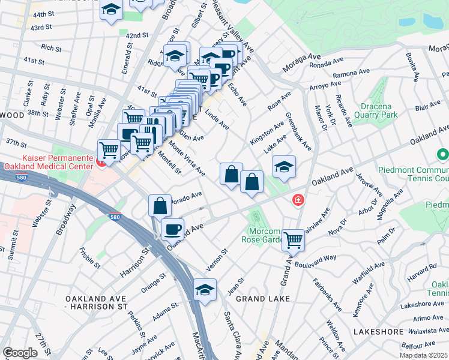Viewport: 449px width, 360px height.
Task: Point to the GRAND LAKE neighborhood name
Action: pos(263,298)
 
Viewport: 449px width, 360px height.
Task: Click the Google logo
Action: pos(20,353)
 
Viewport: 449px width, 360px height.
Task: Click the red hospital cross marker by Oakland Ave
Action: pos(297,200)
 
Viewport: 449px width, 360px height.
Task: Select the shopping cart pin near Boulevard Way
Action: pos(293,240)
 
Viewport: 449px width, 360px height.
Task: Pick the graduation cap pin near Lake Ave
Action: pos(285,167)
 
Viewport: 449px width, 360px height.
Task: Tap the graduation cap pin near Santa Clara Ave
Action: pos(205,290)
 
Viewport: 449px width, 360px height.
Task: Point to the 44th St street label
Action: pos(43,14)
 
